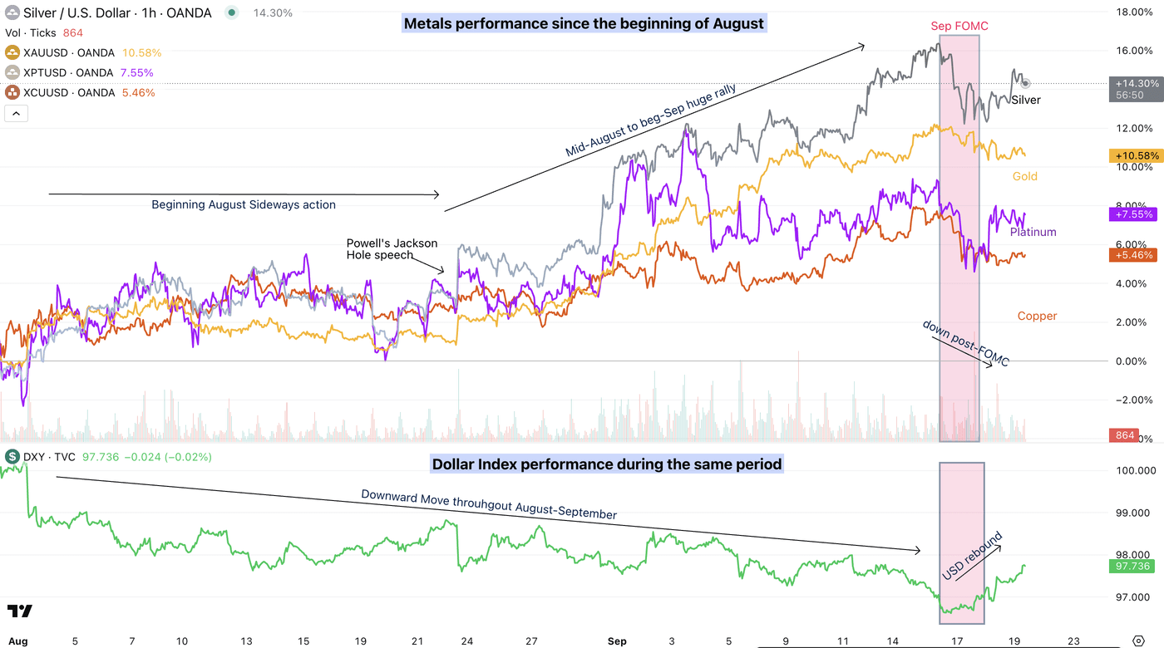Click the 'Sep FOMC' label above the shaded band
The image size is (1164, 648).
coord(959,27)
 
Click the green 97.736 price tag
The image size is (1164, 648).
coord(1132,566)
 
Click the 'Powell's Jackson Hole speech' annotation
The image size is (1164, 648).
coord(392,249)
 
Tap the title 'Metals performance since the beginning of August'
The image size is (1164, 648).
coord(583,24)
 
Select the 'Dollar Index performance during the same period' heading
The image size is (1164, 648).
coord(606,464)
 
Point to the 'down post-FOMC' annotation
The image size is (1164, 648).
coord(965,342)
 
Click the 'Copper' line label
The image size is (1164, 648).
coord(1037,316)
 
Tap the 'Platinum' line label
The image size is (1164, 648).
coord(1033,233)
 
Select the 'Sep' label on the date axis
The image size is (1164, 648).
coord(616,641)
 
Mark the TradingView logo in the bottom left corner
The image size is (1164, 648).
coord(20,611)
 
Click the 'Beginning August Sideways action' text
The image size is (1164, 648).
coord(244,204)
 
